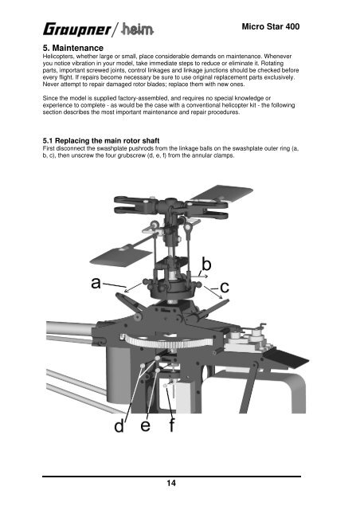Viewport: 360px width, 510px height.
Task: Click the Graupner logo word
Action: point(77,29)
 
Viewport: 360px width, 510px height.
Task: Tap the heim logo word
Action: point(137,30)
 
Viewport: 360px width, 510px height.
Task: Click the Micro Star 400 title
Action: point(271,26)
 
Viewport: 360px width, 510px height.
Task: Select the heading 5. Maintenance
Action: point(72,48)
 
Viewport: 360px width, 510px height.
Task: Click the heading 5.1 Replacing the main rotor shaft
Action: point(101,141)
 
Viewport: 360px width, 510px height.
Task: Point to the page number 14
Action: point(171,483)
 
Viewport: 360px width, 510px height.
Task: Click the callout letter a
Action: point(96,283)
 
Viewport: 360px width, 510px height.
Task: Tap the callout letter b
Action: point(206,264)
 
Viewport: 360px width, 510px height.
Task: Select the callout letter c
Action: point(225,288)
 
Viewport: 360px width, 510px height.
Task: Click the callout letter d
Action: point(119,426)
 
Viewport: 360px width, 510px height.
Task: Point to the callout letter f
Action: point(172,425)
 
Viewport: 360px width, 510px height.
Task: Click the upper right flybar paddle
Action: point(223,193)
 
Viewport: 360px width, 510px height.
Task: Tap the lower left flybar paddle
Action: point(120,257)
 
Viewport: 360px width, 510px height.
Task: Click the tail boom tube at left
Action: point(70,328)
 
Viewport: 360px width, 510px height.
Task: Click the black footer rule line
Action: point(171,477)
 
